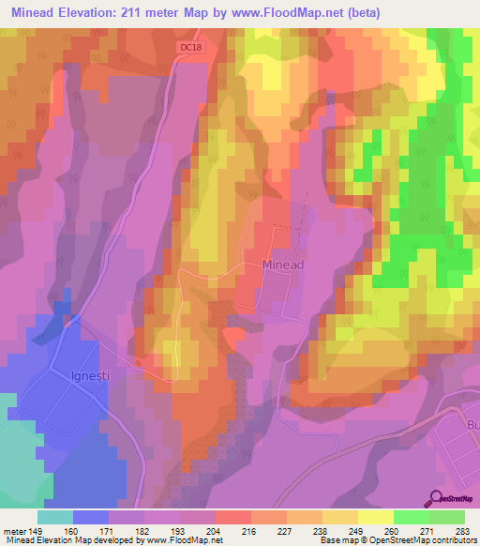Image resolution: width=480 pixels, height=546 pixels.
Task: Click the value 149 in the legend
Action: (37, 530)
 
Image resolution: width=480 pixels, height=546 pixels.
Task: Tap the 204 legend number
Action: (216, 530)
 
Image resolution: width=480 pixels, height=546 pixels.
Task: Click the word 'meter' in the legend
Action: (14, 530)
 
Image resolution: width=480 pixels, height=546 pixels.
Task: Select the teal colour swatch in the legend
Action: (55, 517)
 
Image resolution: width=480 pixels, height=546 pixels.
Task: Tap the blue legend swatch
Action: (91, 517)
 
